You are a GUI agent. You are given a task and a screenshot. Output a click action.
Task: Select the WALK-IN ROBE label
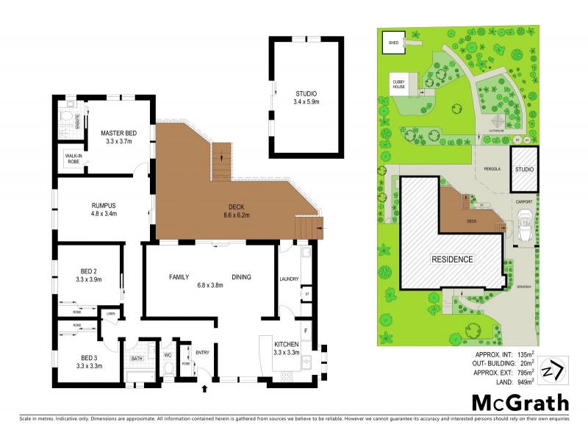coord(73,159)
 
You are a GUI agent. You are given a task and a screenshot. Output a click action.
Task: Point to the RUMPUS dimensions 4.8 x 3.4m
coord(103,215)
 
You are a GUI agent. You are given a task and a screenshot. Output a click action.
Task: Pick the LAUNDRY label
coord(290,279)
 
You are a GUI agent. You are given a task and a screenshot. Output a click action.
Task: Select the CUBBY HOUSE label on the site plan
coord(398,85)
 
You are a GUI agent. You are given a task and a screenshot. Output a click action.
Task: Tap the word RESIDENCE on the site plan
coord(451,260)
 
